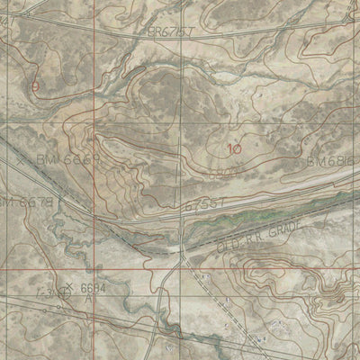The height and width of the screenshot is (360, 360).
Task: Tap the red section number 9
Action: tap(35, 86)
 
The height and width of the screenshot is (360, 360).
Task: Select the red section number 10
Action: tap(235, 149)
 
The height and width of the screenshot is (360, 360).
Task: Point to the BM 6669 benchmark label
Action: tap(68, 158)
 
